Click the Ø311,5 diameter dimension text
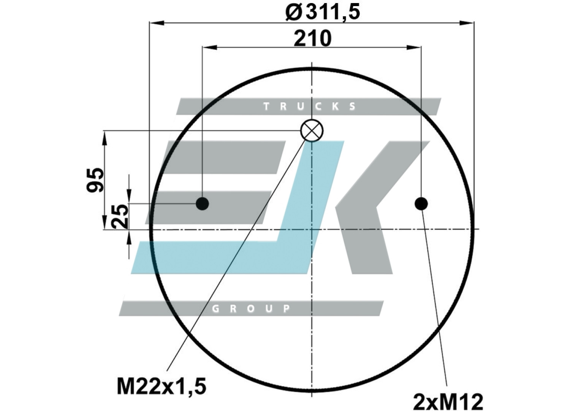tap(323, 13)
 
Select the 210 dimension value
tap(312, 38)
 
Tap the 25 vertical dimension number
tap(120, 216)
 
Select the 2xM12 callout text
tap(448, 402)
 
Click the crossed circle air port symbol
tap(312, 130)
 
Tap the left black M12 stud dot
tap(202, 204)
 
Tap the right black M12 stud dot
tap(421, 204)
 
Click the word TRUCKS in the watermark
tap(309, 106)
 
